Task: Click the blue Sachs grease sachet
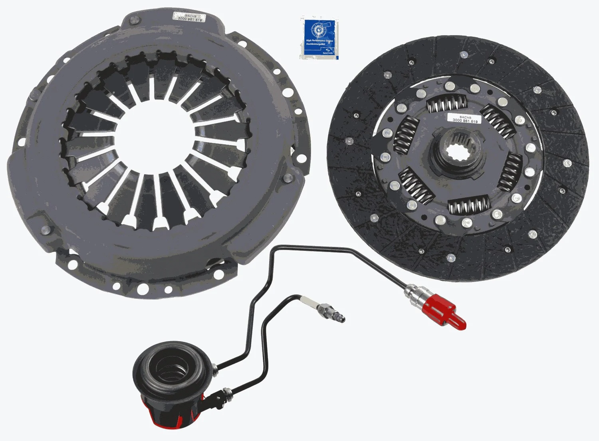(319, 38)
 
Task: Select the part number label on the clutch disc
(464, 119)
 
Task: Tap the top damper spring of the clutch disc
(446, 105)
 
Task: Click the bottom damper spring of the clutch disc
(469, 206)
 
